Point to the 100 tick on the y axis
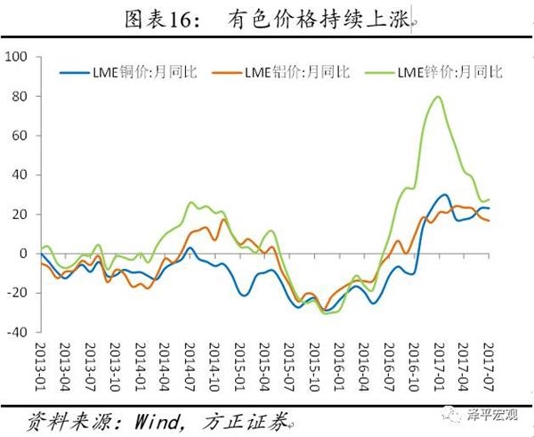pos(18,58)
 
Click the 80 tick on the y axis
pos(20,97)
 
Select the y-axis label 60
pos(20,136)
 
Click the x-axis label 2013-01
pos(40,368)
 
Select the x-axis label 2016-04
pos(363,368)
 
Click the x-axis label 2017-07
pos(487,368)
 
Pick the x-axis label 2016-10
pos(413,368)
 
